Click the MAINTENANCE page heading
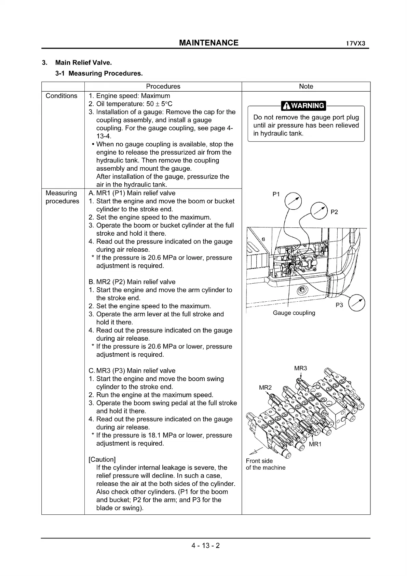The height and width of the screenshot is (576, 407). click(x=209, y=43)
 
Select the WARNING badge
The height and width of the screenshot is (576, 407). click(x=303, y=106)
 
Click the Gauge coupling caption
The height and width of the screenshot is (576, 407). click(x=294, y=313)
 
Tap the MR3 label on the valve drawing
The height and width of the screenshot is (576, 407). click(x=300, y=368)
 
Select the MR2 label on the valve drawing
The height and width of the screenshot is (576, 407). click(x=265, y=388)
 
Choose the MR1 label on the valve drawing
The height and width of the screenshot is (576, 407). click(x=315, y=444)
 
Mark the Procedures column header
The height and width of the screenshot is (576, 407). click(x=163, y=87)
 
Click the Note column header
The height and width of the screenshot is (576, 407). click(x=306, y=87)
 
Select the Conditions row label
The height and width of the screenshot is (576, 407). click(x=62, y=96)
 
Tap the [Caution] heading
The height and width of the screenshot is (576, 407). click(x=102, y=459)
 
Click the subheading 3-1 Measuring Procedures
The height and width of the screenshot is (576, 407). click(x=99, y=73)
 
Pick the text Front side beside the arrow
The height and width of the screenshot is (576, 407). click(x=259, y=461)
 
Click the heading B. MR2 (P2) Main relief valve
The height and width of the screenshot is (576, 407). click(x=132, y=282)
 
